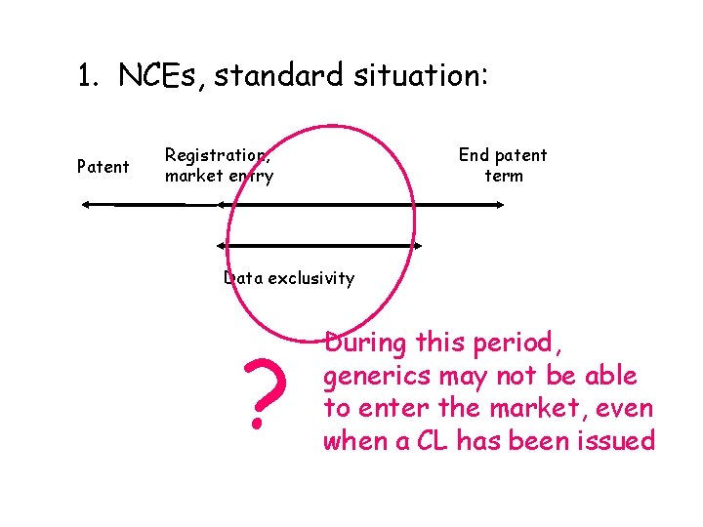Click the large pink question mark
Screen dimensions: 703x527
(258, 394)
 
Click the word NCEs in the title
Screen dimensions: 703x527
(161, 75)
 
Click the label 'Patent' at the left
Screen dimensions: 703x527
(103, 167)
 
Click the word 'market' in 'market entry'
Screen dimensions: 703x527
(192, 177)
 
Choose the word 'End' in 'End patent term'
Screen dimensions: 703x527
(474, 155)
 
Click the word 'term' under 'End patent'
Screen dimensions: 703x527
(504, 177)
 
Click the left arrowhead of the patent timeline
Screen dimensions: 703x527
(86, 205)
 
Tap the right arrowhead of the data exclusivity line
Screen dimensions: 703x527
(417, 245)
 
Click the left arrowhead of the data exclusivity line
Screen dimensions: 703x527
(222, 245)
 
